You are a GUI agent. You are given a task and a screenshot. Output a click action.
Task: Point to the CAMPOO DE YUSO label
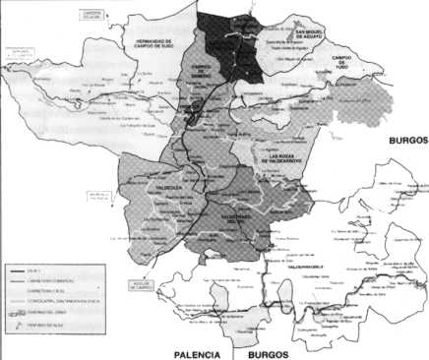(x=350, y=60)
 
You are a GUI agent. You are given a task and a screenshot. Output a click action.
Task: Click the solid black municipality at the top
(x=232, y=39)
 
